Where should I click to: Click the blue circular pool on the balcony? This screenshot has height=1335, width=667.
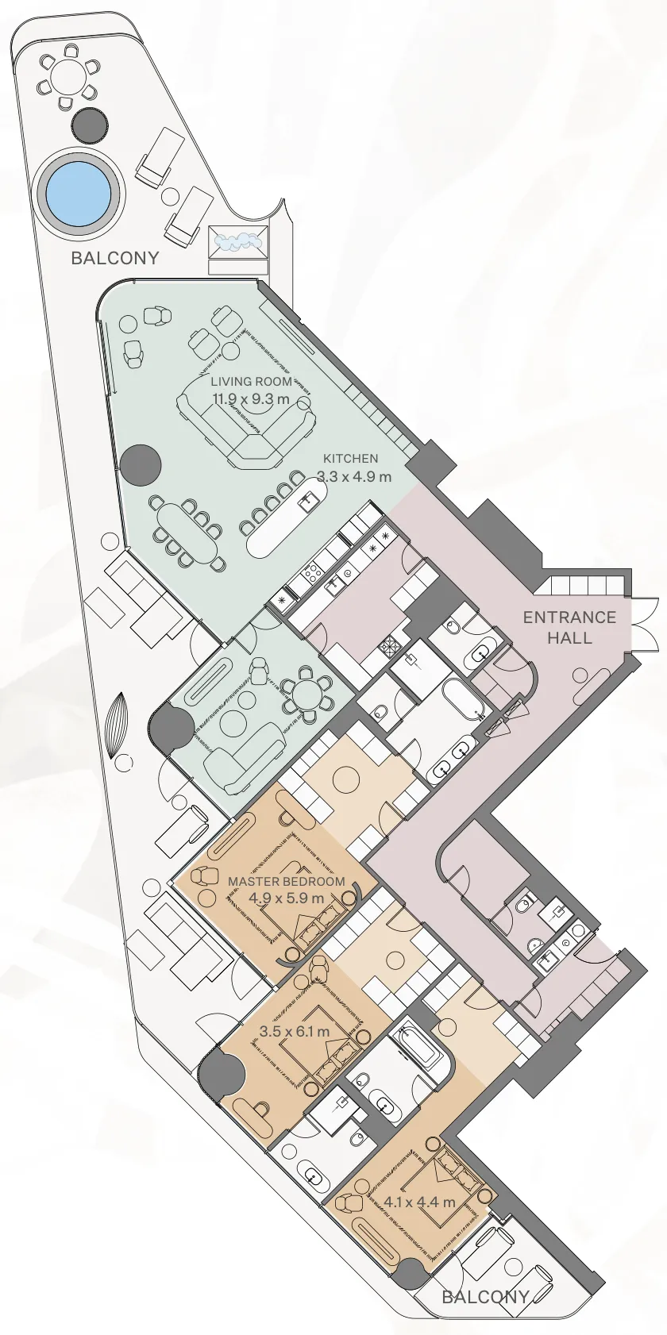pyautogui.click(x=79, y=194)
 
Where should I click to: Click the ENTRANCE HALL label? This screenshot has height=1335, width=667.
pyautogui.click(x=569, y=627)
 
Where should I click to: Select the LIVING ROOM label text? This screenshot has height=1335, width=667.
pyautogui.click(x=251, y=382)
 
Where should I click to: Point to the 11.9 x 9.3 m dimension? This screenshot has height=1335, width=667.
pyautogui.click(x=251, y=399)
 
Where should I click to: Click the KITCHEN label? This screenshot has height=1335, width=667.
pyautogui.click(x=350, y=459)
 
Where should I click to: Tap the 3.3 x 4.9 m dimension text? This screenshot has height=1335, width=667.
pyautogui.click(x=354, y=477)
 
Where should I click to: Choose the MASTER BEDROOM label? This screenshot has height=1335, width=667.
pyautogui.click(x=286, y=882)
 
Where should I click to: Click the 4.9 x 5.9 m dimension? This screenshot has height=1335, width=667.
pyautogui.click(x=286, y=898)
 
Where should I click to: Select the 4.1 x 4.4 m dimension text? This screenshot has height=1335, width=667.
pyautogui.click(x=419, y=1202)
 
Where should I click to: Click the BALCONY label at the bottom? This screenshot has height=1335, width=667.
pyautogui.click(x=485, y=1297)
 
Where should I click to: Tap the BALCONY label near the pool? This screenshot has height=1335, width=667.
pyautogui.click(x=114, y=258)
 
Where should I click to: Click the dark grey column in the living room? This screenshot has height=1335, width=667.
pyautogui.click(x=141, y=464)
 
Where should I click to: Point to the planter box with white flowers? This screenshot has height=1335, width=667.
pyautogui.click(x=238, y=240)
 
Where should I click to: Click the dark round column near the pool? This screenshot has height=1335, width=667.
pyautogui.click(x=89, y=124)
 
